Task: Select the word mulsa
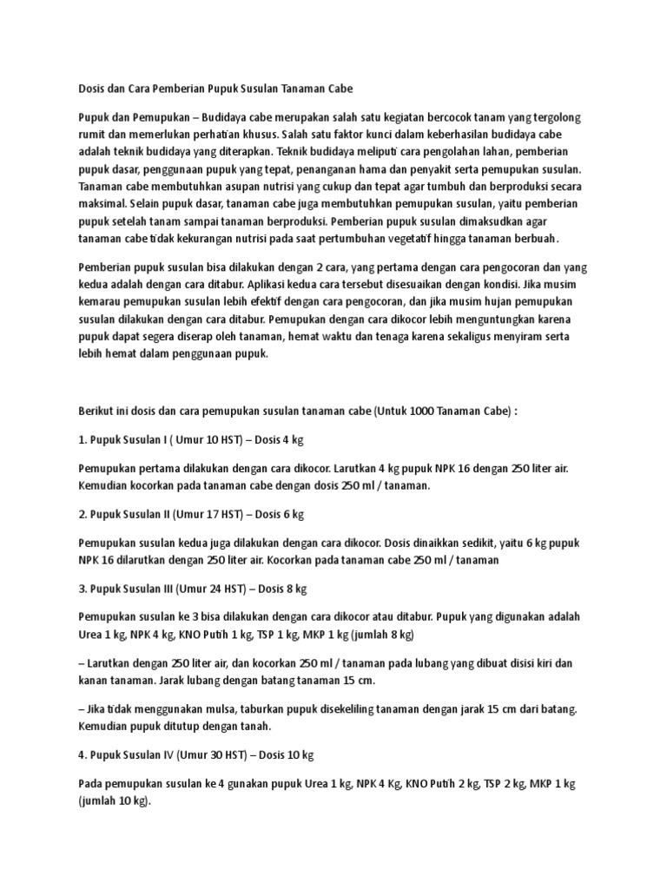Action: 224,709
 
